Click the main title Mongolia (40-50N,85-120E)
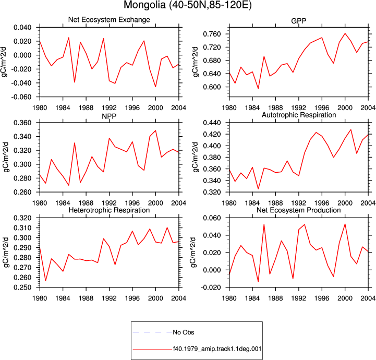coord(188,5)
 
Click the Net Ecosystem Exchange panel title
coord(109,20)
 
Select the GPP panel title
coord(298,21)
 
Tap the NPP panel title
coord(109,116)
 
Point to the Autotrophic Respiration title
coord(299,115)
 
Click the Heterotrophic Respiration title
coord(109,210)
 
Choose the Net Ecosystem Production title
coord(298,210)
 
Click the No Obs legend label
coord(184,332)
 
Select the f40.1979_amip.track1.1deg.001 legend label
coord(217,349)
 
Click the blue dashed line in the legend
coord(152,332)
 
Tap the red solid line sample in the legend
coord(152,349)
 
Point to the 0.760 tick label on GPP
coord(212,34)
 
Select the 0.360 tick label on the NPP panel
coord(22,123)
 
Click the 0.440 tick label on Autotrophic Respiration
coord(212,123)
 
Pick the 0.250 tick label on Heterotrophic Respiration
coord(22,287)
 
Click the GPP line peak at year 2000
coord(345,33)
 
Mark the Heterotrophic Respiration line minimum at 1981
coord(45,281)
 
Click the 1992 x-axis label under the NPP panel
coord(109,203)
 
